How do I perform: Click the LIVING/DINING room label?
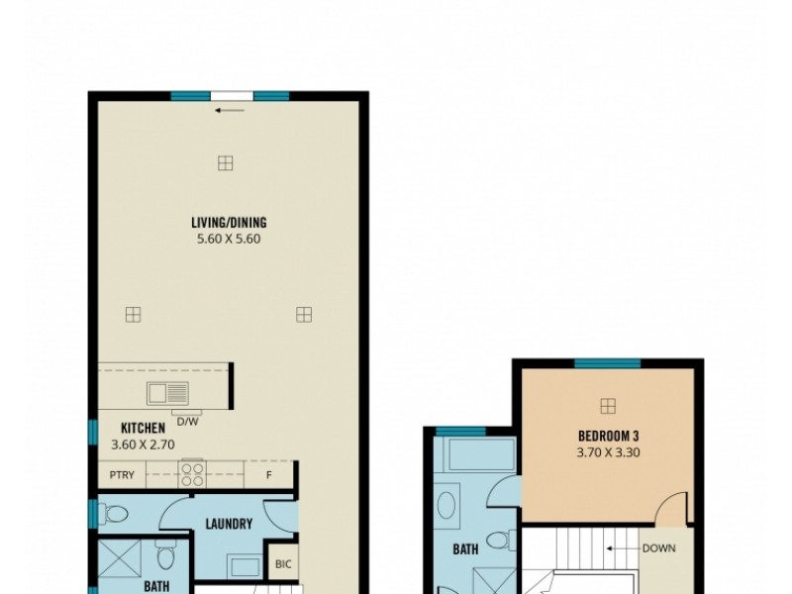pos(229,223)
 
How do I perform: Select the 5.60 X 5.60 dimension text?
pos(229,239)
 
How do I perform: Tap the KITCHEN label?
pos(143,428)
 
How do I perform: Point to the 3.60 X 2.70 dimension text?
pos(143,445)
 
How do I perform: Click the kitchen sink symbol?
pos(168,393)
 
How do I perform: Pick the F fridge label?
pos(269,475)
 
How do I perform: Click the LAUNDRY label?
pos(229,525)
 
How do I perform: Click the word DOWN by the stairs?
pos(658,546)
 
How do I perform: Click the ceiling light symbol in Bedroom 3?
pos(608,405)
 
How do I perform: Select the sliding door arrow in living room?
pos(229,110)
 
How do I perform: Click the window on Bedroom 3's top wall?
pos(607,363)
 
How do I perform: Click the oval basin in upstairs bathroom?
pos(446,508)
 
